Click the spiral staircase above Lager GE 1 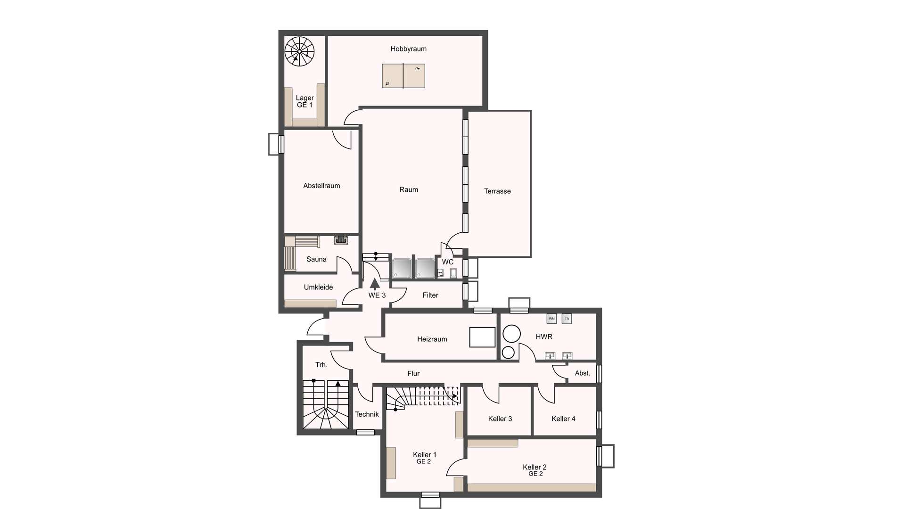(x=299, y=50)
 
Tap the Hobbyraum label (x=408, y=49)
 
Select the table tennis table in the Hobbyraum (x=403, y=76)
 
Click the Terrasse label (x=497, y=191)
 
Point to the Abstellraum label (x=321, y=186)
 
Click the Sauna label (x=316, y=259)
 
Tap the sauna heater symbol (x=341, y=240)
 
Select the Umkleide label (x=318, y=287)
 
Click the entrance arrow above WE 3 (x=375, y=283)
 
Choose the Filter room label (x=430, y=295)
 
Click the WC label (x=448, y=262)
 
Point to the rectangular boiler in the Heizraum (x=482, y=337)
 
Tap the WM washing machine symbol (x=551, y=319)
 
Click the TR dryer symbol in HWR (x=567, y=319)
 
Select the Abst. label (x=583, y=373)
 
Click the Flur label (x=413, y=373)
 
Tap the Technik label (x=367, y=414)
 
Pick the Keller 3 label (x=500, y=419)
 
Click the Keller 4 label (x=563, y=419)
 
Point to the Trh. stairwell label (x=321, y=365)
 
